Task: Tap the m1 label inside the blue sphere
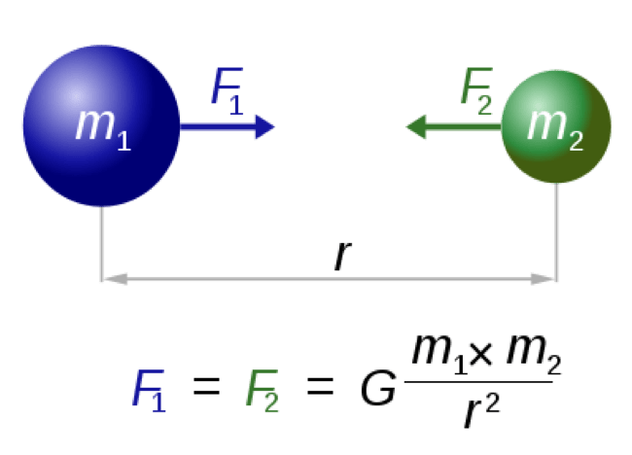(102, 126)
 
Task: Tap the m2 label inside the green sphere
(554, 126)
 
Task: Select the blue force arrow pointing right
(228, 126)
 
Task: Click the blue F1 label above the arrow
(227, 90)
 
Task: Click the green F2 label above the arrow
(475, 89)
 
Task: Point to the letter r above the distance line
(340, 255)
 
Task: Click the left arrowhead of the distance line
(115, 279)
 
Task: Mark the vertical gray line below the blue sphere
(101, 243)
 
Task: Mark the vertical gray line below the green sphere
(556, 231)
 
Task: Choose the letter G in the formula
(378, 389)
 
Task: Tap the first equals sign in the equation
(206, 388)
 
